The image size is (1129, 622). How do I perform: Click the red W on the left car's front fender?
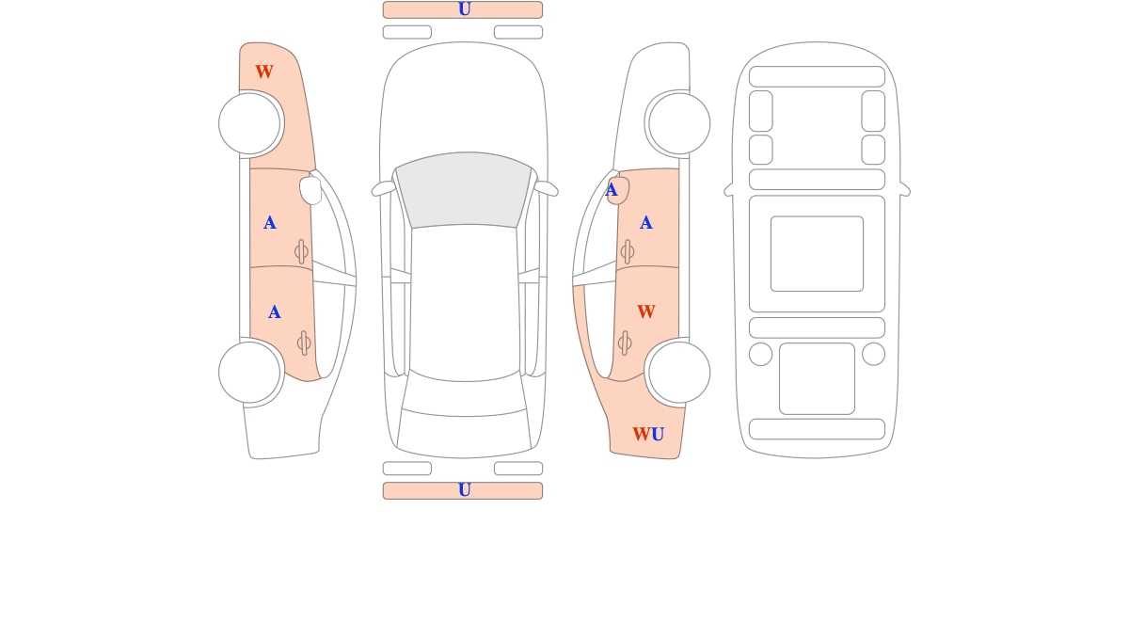click(264, 72)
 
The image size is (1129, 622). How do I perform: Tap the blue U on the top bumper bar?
click(464, 9)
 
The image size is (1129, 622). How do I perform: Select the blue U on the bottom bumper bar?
click(464, 490)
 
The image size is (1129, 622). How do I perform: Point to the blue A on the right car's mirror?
click(612, 191)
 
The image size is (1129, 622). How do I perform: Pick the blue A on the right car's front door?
click(645, 223)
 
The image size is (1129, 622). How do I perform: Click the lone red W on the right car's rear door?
click(645, 312)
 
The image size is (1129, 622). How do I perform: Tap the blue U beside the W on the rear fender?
click(658, 435)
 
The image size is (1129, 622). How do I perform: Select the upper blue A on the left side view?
click(269, 223)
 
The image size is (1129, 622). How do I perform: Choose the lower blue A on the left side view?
click(274, 312)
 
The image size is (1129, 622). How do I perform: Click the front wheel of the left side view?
click(249, 123)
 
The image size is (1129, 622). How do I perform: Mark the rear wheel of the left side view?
click(249, 373)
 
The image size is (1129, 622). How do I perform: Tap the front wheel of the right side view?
click(679, 123)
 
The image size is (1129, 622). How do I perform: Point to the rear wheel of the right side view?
click(679, 373)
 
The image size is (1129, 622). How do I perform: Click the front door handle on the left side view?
click(302, 251)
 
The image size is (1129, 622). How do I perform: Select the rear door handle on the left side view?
click(304, 343)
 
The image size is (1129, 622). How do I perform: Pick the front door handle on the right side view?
click(628, 251)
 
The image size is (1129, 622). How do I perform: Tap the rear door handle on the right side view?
click(625, 343)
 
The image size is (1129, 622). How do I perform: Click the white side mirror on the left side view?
click(310, 190)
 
